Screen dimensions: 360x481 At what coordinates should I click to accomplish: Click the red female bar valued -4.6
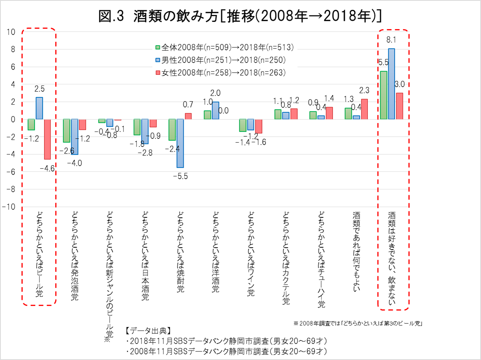pos(47,139)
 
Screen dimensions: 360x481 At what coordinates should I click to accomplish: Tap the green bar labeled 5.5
pos(383,95)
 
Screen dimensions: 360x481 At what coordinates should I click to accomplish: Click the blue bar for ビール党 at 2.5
pos(39,108)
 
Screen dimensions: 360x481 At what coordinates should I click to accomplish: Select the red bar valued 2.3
pos(364,109)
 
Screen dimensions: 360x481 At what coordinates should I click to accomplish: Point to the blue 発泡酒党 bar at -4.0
pos(74,136)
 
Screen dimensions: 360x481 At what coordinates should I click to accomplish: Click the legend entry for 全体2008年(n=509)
pos(224,48)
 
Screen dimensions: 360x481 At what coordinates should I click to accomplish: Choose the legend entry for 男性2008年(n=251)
pos(220,60)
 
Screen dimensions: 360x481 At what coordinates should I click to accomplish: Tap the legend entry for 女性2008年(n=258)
pos(220,72)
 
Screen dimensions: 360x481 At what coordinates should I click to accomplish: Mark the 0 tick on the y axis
pos(13,119)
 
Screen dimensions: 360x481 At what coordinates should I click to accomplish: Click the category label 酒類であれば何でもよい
pos(356,251)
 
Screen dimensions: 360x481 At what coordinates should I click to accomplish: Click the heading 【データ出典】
pos(148,330)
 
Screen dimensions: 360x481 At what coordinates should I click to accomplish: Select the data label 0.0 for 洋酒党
pos(223,110)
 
